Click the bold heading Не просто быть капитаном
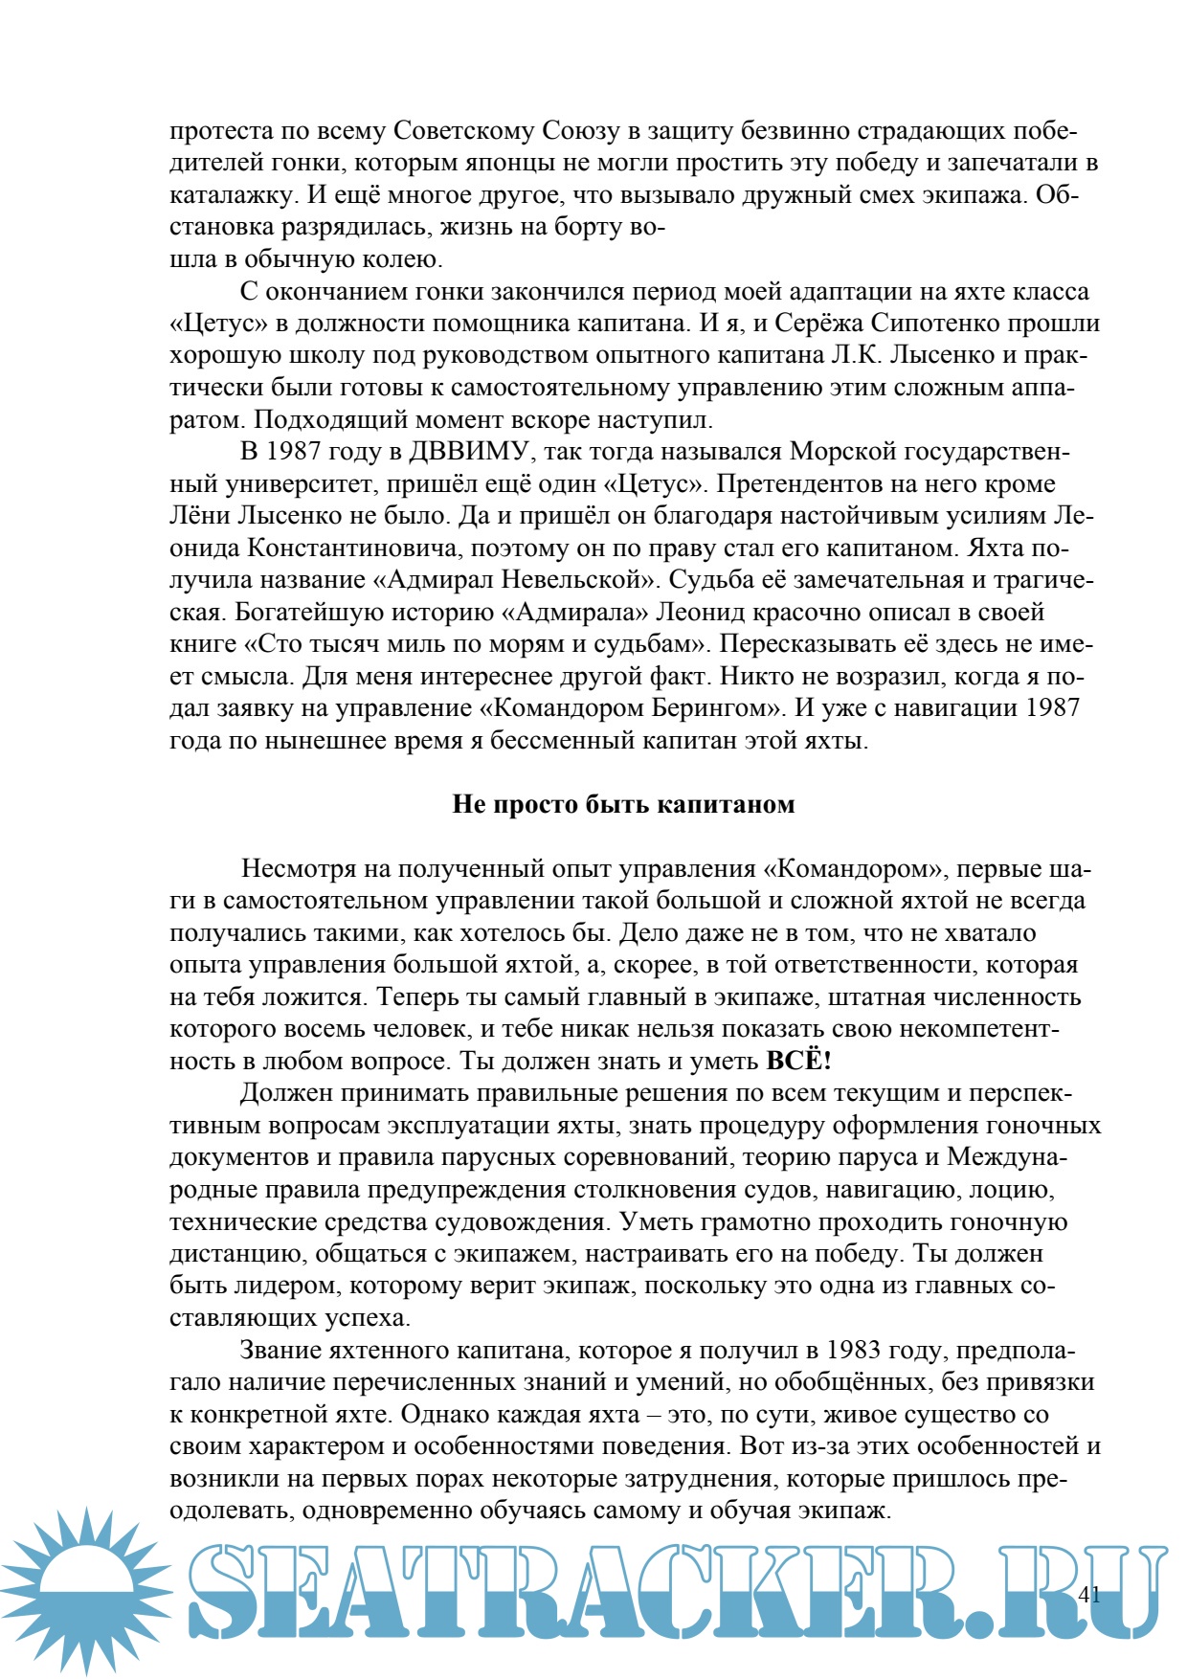[x=623, y=804]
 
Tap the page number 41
[x=1088, y=1594]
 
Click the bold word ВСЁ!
[x=799, y=1061]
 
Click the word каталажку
[x=232, y=194]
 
